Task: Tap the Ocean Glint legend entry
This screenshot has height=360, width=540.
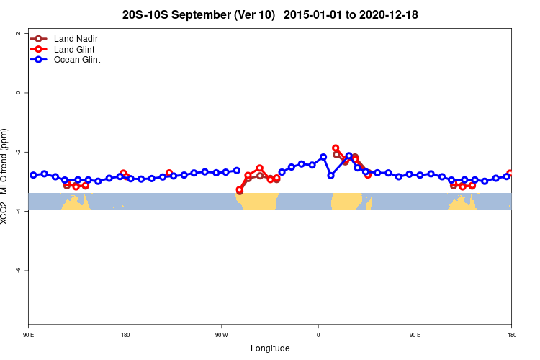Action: click(x=76, y=60)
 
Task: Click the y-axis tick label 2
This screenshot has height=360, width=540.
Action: click(x=17, y=34)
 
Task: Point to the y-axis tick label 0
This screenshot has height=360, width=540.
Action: click(x=17, y=93)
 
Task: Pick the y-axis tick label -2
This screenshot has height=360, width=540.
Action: click(x=17, y=152)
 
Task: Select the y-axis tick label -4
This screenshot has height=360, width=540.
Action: click(x=17, y=211)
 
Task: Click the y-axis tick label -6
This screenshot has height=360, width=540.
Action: click(x=17, y=270)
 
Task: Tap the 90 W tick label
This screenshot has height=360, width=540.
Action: click(x=221, y=335)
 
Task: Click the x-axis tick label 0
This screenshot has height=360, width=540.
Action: click(x=318, y=335)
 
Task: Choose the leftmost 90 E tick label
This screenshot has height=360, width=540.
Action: click(x=29, y=335)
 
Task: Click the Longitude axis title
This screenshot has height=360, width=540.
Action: click(x=270, y=348)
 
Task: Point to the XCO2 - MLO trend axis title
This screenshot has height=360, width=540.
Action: click(x=6, y=176)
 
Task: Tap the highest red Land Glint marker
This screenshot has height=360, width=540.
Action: click(x=336, y=148)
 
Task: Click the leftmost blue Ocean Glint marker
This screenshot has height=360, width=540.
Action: click(x=33, y=175)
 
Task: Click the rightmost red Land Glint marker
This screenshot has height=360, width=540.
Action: click(x=510, y=174)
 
